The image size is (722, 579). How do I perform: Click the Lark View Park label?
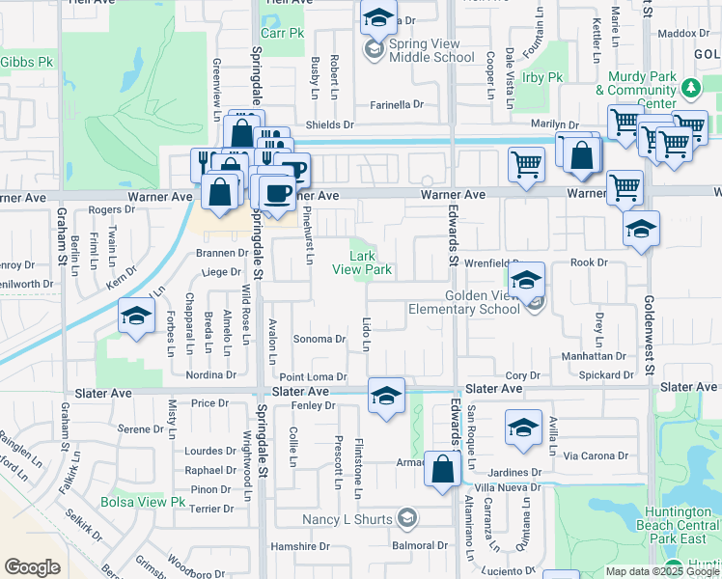point(370,263)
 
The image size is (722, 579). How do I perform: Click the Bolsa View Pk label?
point(143,502)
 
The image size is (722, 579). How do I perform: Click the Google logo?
point(32,567)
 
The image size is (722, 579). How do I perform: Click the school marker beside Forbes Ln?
point(137,316)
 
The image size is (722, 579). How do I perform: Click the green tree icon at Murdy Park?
point(689,90)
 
